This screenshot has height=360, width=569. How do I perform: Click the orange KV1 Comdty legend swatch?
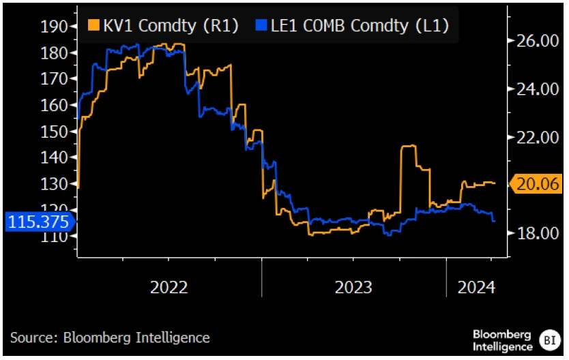(x=93, y=25)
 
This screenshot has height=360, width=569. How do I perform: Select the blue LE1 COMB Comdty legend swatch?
(x=261, y=25)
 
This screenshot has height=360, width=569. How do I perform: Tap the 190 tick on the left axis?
(x=54, y=27)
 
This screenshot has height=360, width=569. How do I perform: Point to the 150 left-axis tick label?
(x=54, y=132)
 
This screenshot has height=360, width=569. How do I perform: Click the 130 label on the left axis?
(x=54, y=184)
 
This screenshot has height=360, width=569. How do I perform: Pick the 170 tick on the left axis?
(x=54, y=79)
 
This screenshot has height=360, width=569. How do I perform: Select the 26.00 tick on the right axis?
(x=538, y=41)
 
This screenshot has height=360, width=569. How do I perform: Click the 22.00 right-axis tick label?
(x=538, y=138)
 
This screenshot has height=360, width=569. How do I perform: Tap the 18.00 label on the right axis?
(x=538, y=233)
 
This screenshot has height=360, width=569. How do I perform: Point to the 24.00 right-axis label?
(x=538, y=89)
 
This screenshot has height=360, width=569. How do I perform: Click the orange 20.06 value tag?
(x=536, y=184)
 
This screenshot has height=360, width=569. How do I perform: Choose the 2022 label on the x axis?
(x=169, y=288)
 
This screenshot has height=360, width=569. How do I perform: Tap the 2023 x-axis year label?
(x=353, y=288)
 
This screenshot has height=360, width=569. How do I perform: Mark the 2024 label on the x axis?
(x=476, y=288)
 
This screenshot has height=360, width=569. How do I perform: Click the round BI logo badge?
(x=550, y=340)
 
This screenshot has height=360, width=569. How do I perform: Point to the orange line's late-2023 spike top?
(x=409, y=146)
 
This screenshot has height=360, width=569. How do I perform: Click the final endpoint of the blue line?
(x=494, y=221)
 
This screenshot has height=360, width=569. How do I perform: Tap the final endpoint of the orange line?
(x=495, y=183)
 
